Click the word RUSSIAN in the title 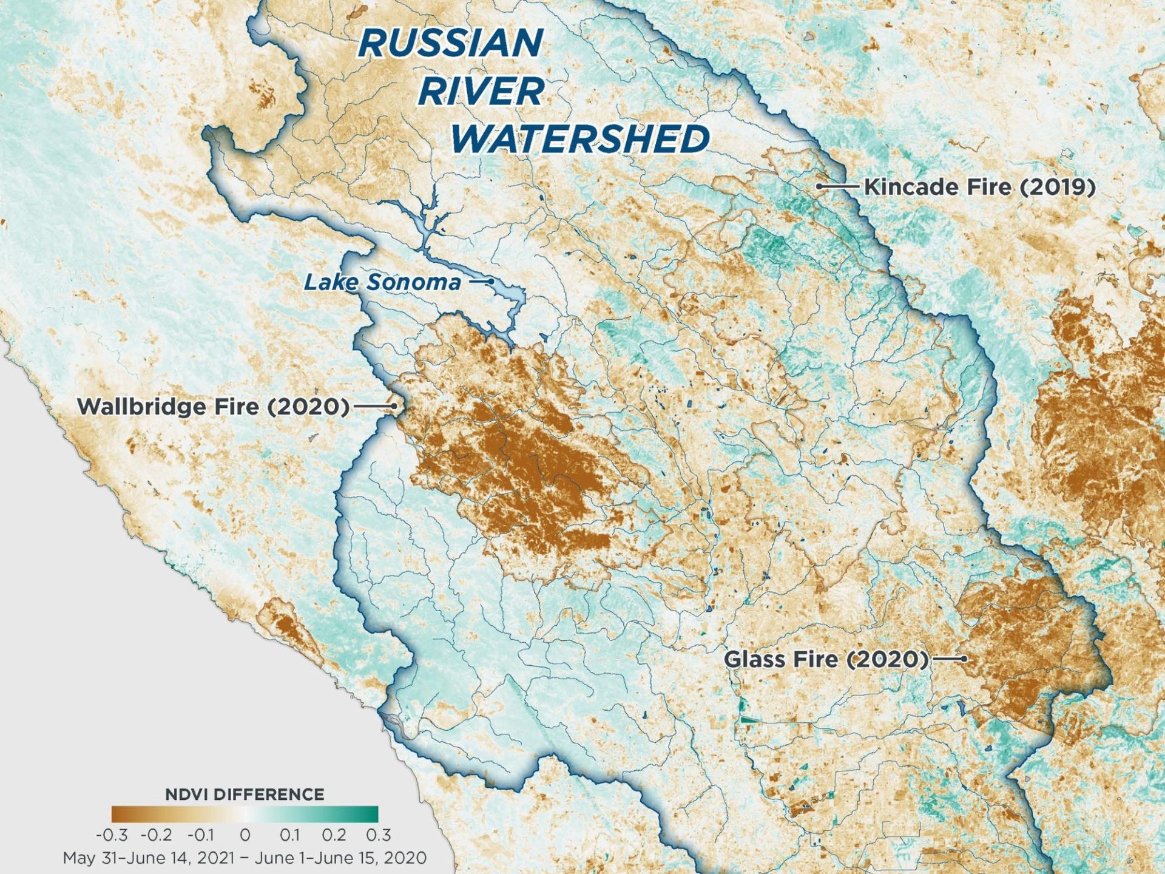tap(450, 44)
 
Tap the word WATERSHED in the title tap(579, 139)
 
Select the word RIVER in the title tap(481, 92)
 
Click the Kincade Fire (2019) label tap(979, 187)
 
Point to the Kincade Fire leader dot tap(819, 186)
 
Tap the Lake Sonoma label tap(382, 282)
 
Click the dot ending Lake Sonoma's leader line tap(491, 282)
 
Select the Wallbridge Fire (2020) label tap(214, 406)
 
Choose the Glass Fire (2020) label tap(826, 659)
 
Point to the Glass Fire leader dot tap(964, 659)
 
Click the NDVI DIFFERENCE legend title tap(245, 794)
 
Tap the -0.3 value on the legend tap(112, 835)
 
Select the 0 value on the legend tap(245, 835)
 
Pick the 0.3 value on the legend tap(378, 835)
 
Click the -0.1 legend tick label tap(200, 835)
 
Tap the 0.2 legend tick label tap(334, 835)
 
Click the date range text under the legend tap(245, 858)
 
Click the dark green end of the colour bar tap(371, 814)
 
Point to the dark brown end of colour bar tap(118, 814)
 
